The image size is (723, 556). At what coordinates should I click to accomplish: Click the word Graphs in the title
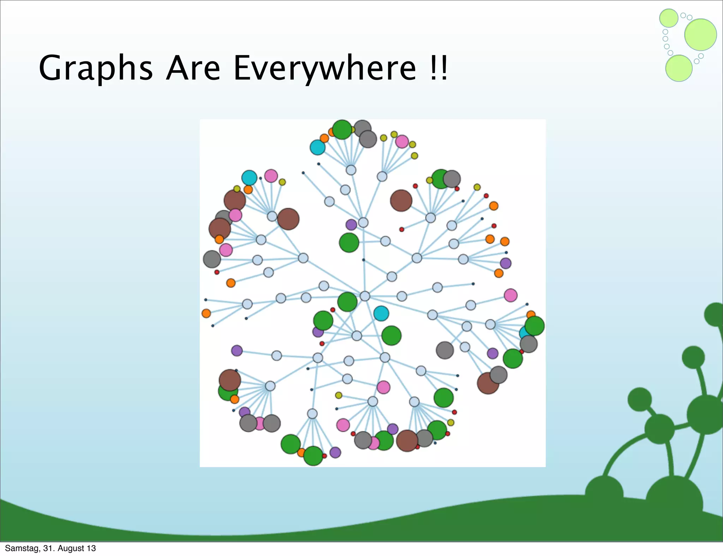[95, 69]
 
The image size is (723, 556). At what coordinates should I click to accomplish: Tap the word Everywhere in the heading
[324, 69]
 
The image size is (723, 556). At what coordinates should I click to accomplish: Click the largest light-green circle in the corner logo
[700, 35]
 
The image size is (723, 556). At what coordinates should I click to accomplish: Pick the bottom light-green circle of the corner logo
[679, 68]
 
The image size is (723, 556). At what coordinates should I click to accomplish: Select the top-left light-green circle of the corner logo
[669, 18]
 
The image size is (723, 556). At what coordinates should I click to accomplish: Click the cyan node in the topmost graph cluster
[317, 147]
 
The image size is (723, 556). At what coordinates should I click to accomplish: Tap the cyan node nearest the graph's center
[381, 313]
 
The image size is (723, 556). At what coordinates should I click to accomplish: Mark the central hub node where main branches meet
[365, 296]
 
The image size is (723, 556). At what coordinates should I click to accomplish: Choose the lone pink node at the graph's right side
[510, 295]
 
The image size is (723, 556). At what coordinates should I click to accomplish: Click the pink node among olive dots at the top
[402, 141]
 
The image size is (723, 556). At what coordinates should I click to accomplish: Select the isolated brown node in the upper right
[401, 200]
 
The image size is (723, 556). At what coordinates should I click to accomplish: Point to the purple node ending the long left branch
[237, 350]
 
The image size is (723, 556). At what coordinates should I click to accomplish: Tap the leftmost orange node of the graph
[206, 313]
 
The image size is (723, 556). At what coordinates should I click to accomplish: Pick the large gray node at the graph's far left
[212, 259]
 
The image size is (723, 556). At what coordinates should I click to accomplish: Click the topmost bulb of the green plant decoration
[715, 314]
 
